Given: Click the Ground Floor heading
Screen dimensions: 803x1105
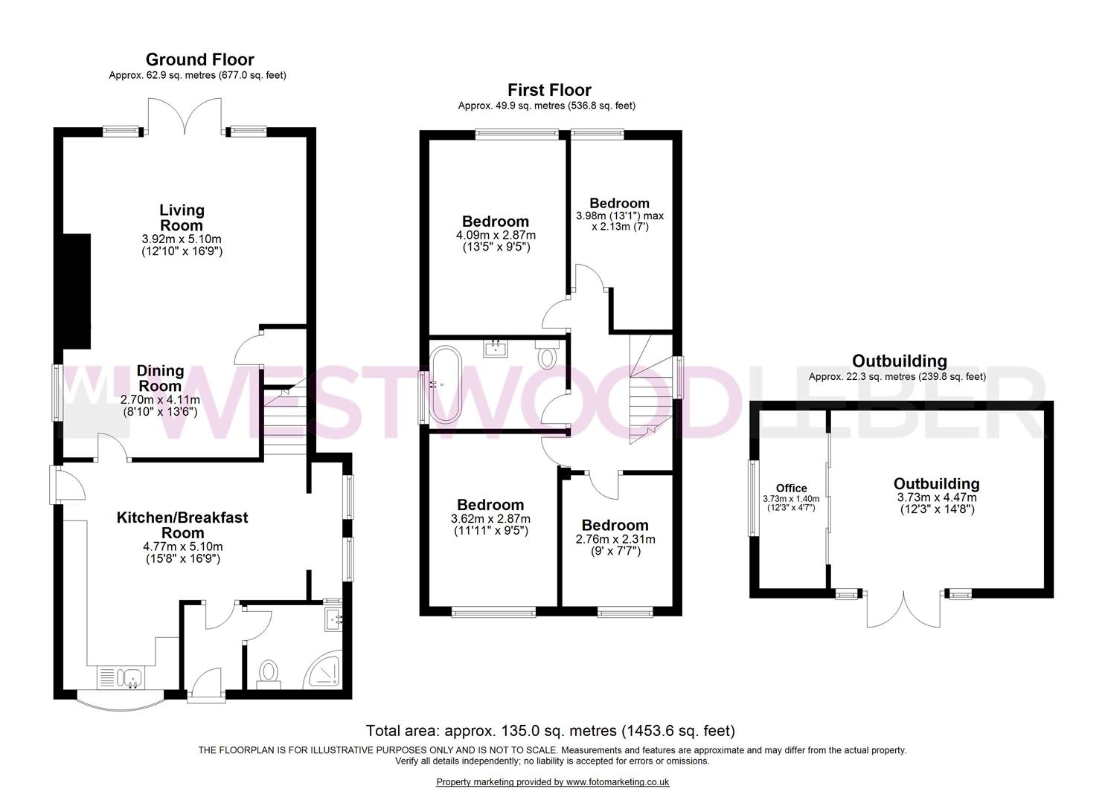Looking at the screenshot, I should pyautogui.click(x=199, y=59).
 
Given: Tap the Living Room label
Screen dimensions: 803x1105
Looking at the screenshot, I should pyautogui.click(x=182, y=218).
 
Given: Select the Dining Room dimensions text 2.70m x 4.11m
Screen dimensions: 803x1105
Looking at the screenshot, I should pyautogui.click(x=161, y=399).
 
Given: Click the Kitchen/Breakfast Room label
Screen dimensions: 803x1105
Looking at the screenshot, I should pyautogui.click(x=182, y=525).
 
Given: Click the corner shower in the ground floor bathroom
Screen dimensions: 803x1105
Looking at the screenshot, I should pyautogui.click(x=325, y=672).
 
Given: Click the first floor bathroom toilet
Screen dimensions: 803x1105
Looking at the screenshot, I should pyautogui.click(x=548, y=355).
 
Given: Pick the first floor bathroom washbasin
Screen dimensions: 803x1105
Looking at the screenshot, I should pyautogui.click(x=496, y=347).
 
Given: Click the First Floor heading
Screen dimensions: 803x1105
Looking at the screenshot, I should pyautogui.click(x=549, y=90).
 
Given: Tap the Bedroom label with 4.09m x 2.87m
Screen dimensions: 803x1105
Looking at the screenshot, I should pyautogui.click(x=496, y=222).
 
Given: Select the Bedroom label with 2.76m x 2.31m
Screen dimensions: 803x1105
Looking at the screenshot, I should pyautogui.click(x=615, y=525).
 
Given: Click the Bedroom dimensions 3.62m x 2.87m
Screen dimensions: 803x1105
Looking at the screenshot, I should pyautogui.click(x=491, y=519).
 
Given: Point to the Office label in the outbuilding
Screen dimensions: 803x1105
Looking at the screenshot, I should pyautogui.click(x=791, y=488).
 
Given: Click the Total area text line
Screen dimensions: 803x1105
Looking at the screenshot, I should pyautogui.click(x=550, y=731).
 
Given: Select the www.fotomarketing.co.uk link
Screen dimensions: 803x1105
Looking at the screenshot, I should pyautogui.click(x=617, y=782).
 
